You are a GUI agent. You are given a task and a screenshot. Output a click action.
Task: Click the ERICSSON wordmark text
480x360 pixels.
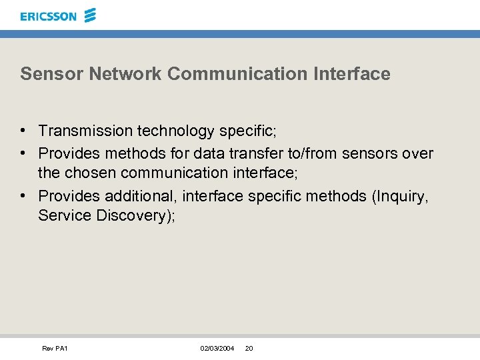pos(48,16)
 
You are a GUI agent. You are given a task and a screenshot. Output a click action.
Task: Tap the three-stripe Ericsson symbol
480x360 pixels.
pos(91,15)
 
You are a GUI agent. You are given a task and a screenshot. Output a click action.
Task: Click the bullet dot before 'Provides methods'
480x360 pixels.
pos(23,154)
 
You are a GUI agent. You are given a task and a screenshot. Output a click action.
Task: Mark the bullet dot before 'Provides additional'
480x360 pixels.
pos(23,196)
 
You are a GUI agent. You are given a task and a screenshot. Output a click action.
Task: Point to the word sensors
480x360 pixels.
pos(370,154)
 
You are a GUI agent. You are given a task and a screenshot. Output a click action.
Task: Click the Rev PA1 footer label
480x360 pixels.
pos(55,349)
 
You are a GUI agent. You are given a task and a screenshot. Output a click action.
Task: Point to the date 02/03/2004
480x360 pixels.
pos(217,349)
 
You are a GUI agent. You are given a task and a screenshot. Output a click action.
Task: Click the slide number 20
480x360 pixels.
pos(249,349)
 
